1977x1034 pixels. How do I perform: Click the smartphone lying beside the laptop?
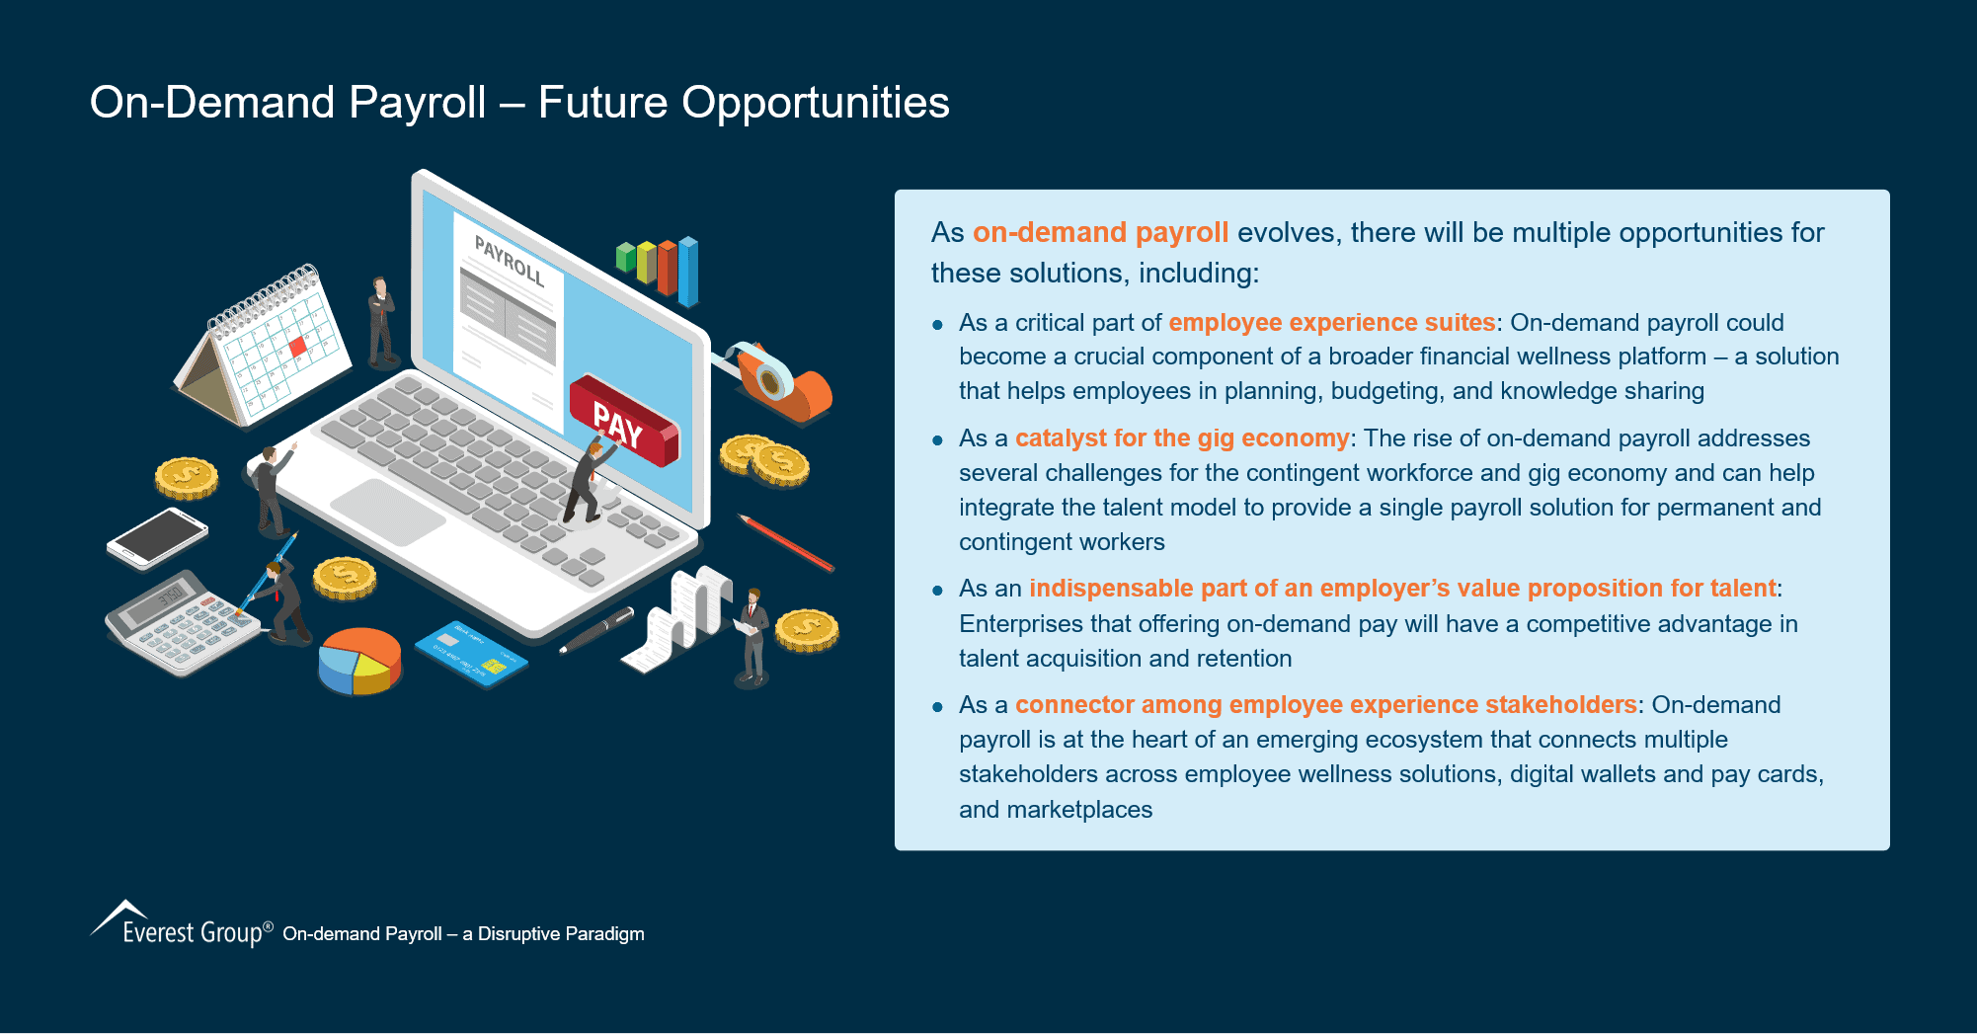click(x=158, y=538)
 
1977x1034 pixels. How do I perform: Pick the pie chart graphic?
click(x=359, y=660)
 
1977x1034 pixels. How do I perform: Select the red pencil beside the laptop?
click(x=787, y=543)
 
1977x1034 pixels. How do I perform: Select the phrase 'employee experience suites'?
click(x=1331, y=323)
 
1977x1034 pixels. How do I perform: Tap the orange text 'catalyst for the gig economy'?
click(x=1181, y=438)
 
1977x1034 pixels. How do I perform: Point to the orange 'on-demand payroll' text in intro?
click(x=1100, y=233)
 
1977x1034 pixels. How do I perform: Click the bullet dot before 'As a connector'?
click(x=938, y=707)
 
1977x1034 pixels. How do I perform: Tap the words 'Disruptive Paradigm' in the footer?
click(x=561, y=934)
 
